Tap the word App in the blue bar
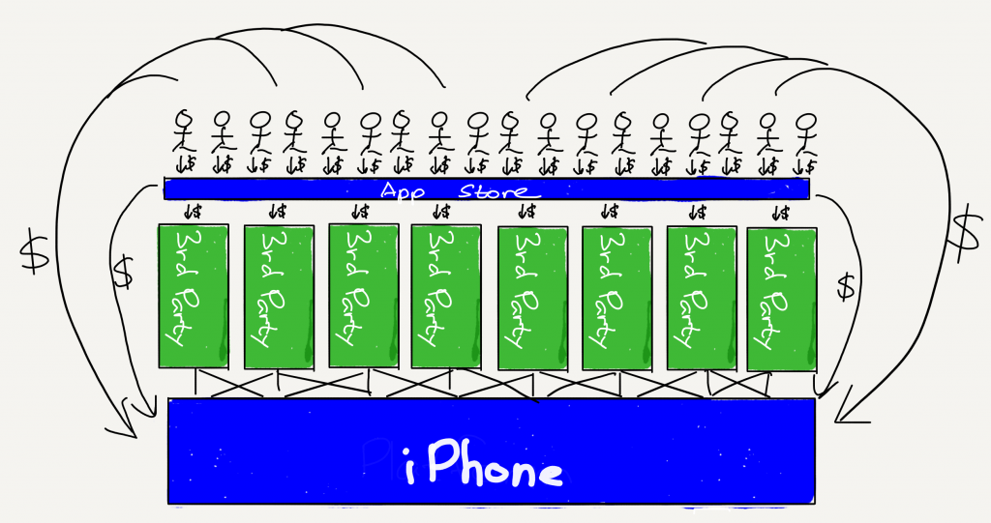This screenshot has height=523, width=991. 402,191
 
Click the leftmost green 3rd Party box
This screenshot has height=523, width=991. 193,296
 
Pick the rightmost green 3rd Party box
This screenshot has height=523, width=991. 782,300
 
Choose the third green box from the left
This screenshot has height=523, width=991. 364,296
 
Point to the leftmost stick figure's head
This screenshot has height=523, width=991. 183,119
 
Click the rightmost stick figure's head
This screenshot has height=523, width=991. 807,121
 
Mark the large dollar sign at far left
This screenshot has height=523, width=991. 34,251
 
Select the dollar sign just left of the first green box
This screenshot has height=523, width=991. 124,271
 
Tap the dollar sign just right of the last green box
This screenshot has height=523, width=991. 846,285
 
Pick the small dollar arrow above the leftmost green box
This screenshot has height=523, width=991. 191,211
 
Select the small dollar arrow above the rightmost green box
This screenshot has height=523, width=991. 781,213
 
